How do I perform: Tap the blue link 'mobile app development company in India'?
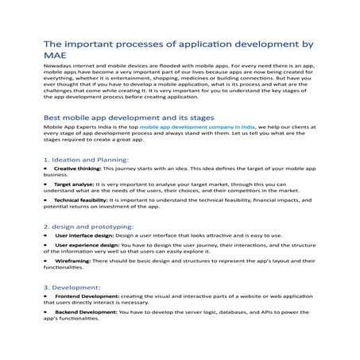[x=188, y=127]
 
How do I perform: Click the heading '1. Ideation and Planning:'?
[x=88, y=159]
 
